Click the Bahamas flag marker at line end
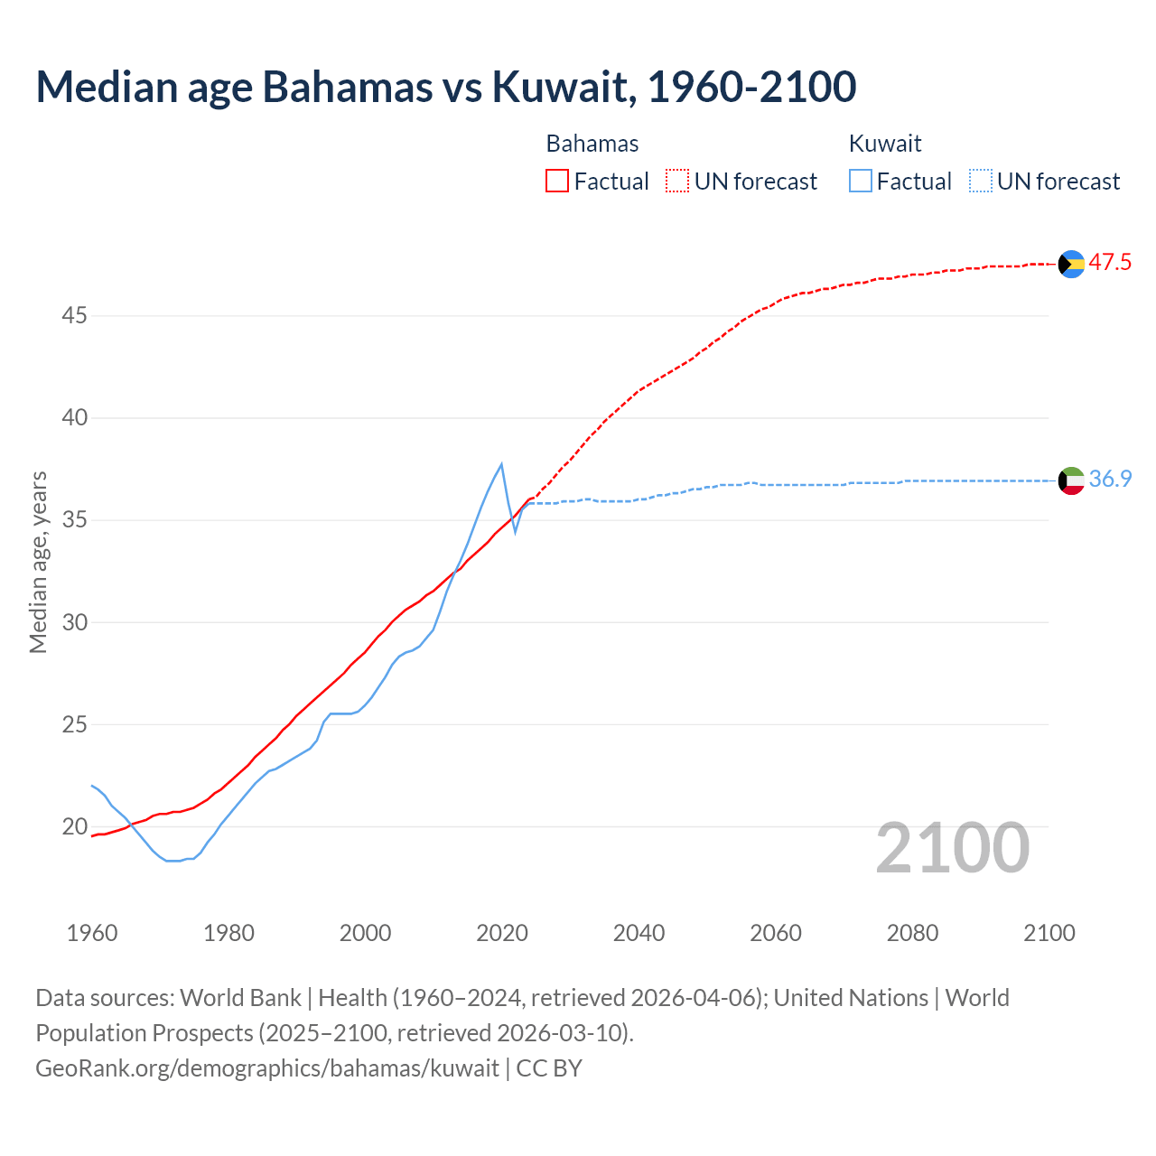pyautogui.click(x=1071, y=264)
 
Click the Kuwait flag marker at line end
pyautogui.click(x=1071, y=480)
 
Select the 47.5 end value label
pyautogui.click(x=1110, y=263)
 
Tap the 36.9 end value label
pyautogui.click(x=1110, y=480)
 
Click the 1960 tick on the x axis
pyautogui.click(x=92, y=933)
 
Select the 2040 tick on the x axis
pyautogui.click(x=639, y=933)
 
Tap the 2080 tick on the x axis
pyautogui.click(x=912, y=933)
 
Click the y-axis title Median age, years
pyautogui.click(x=38, y=562)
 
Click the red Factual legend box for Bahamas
pyautogui.click(x=557, y=182)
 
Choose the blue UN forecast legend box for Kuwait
pyautogui.click(x=981, y=182)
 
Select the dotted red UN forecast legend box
pyautogui.click(x=677, y=182)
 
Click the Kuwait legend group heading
pyautogui.click(x=885, y=144)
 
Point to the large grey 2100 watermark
pyautogui.click(x=953, y=847)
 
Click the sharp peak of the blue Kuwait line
pyautogui.click(x=501, y=464)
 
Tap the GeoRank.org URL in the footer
pyautogui.click(x=267, y=1068)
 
